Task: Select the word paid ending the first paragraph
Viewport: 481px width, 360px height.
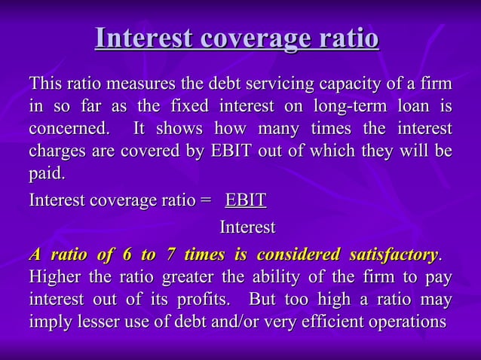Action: coord(45,175)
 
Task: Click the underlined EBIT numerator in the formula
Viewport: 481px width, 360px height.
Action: coord(246,202)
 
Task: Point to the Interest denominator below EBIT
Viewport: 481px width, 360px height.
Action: coord(247,227)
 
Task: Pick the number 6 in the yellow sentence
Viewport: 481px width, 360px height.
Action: coord(100,253)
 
